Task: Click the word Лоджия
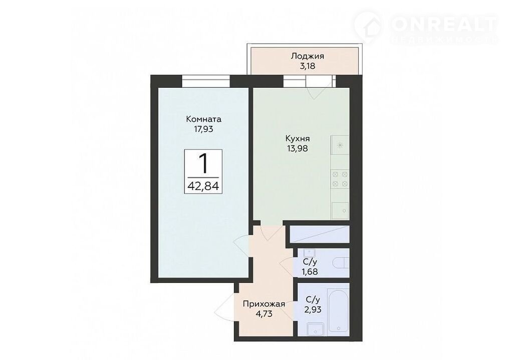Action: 307,56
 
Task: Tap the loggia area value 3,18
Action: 307,66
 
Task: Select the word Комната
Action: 203,119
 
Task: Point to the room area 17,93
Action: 203,129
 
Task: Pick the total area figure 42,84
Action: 203,186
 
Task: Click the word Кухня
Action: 298,138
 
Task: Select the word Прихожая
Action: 264,304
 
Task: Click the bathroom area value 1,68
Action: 310,272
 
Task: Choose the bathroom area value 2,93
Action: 312,309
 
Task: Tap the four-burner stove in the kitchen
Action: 340,179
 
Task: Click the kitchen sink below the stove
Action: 340,210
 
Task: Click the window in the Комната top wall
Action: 206,81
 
